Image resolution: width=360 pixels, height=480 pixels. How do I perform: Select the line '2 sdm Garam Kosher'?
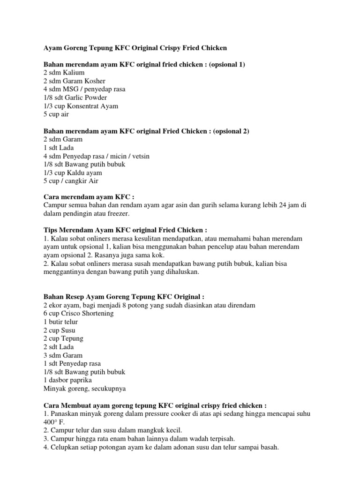pyautogui.click(x=74, y=81)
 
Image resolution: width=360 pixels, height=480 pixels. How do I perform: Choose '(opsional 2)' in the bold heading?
pyautogui.click(x=231, y=131)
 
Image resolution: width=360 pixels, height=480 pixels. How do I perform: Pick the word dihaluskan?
pyautogui.click(x=180, y=272)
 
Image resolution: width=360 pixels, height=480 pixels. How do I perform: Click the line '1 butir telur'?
pyautogui.click(x=61, y=322)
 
